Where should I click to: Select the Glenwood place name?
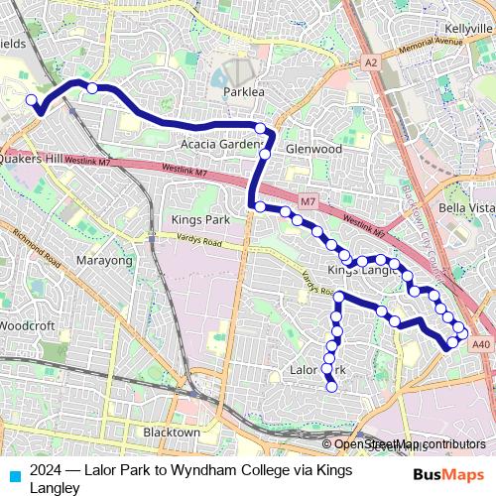coord(313,149)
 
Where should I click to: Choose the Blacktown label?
coord(172,433)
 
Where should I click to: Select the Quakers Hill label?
coord(32,158)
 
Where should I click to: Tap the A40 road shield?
coord(481,343)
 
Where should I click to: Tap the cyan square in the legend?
coord(14,474)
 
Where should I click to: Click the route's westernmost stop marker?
coord(32,100)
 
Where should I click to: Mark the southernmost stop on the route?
coord(332,387)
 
